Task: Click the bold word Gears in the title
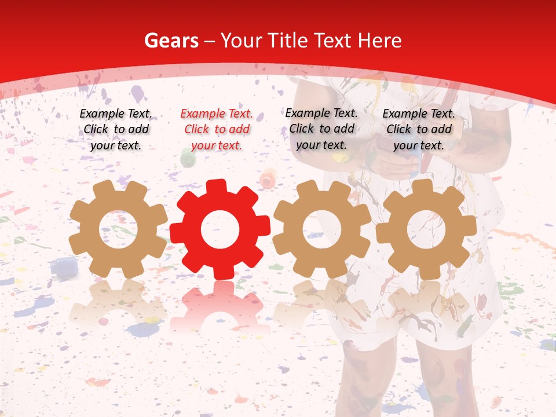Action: click(x=169, y=41)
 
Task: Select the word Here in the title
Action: click(x=380, y=41)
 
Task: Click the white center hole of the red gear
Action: click(x=220, y=230)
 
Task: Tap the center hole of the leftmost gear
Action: click(x=118, y=229)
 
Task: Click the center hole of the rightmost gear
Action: click(x=426, y=229)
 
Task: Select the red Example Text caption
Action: click(x=217, y=129)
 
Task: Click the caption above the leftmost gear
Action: click(x=116, y=129)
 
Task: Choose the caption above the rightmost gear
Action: click(x=419, y=129)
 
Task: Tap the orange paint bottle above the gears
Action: click(x=268, y=177)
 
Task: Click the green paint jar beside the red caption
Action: click(x=188, y=157)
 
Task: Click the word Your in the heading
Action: click(x=242, y=41)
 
